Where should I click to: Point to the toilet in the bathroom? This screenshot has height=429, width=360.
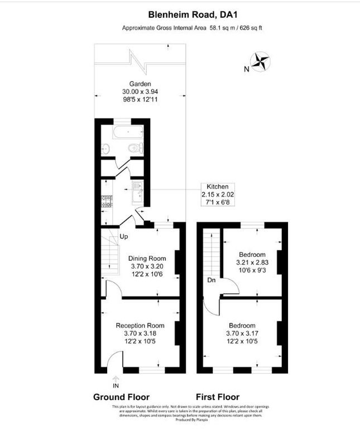click(x=134, y=149)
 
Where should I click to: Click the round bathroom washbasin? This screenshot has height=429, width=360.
click(x=106, y=149)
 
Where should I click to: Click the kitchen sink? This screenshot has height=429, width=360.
click(x=137, y=192)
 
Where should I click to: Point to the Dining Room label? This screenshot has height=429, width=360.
click(x=147, y=258)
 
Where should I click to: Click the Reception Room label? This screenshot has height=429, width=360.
click(x=140, y=326)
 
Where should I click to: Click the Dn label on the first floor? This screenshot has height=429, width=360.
click(x=211, y=279)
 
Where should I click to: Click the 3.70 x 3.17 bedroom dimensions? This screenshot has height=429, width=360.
click(x=242, y=334)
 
